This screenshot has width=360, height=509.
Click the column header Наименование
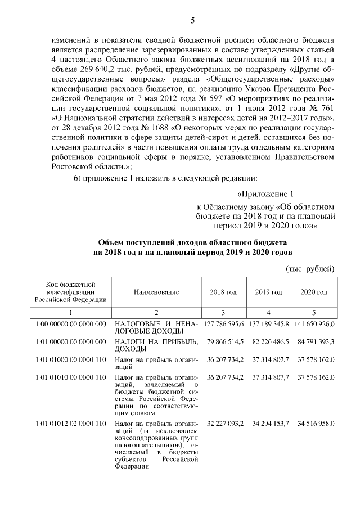tap(156, 292)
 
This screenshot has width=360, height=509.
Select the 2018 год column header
tap(223, 292)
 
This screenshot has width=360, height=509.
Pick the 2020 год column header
tap(314, 292)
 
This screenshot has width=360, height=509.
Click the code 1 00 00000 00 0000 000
tap(71, 325)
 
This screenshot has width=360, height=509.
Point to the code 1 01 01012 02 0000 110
tap(71, 422)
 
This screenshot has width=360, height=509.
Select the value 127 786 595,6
tap(224, 325)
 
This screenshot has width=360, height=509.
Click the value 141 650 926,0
tap(314, 325)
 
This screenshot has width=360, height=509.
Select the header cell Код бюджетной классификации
tap(71, 292)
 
